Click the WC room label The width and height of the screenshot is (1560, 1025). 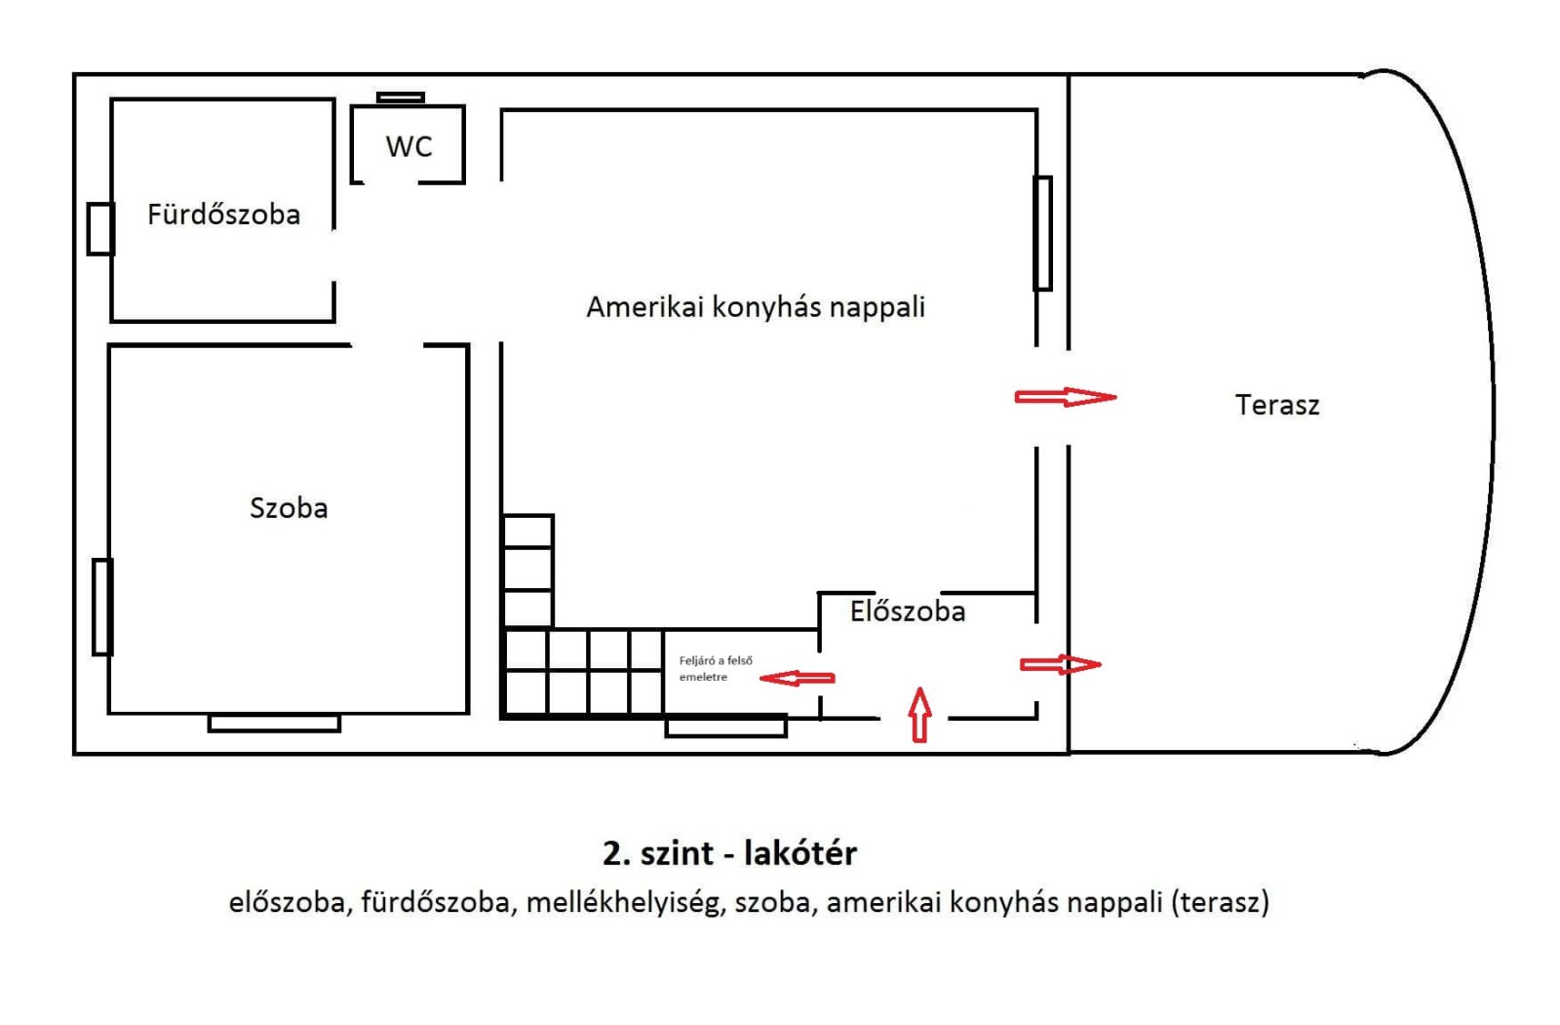pos(409,146)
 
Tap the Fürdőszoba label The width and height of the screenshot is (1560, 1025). pos(223,215)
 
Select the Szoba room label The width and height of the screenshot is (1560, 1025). pos(289,508)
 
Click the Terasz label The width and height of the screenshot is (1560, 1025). pos(1277,405)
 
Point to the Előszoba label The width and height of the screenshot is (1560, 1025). pos(908,611)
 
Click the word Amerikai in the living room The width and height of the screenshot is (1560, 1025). pos(644,307)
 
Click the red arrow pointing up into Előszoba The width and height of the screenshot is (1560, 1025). pos(919,714)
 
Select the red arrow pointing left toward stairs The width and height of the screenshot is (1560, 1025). pos(798,678)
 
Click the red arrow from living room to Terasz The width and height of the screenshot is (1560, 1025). pos(1066,397)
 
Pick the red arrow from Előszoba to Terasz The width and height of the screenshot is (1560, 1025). pos(1061,664)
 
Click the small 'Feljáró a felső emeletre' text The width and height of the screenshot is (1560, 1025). pos(716,668)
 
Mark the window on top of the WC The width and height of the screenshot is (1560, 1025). pos(401,98)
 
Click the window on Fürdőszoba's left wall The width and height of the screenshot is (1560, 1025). pos(100,228)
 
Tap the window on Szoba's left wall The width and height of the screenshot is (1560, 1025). pos(102,607)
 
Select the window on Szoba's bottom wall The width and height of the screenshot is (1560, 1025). pos(274,723)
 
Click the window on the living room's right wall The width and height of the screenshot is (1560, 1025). pos(1043,233)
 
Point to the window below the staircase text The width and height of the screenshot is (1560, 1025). pos(725,727)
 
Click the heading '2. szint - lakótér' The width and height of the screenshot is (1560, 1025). pos(729,853)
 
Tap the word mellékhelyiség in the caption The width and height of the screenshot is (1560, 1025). pos(625,902)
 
